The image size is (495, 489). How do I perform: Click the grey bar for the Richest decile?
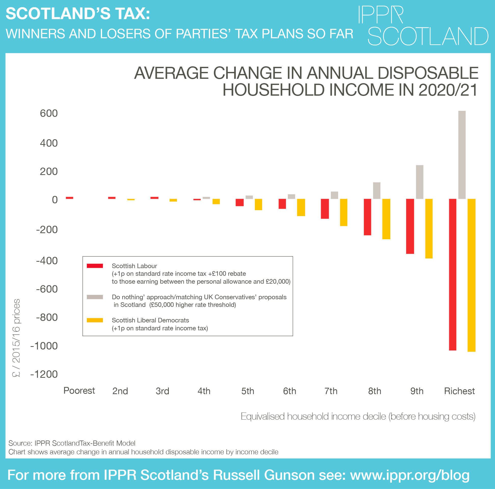pyautogui.click(x=462, y=155)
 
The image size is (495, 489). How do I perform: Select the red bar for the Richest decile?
pyautogui.click(x=453, y=274)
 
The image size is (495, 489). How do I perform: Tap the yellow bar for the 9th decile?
pyautogui.click(x=429, y=229)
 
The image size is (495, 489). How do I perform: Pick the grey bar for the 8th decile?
pyautogui.click(x=377, y=191)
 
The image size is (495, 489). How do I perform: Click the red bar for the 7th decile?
pyautogui.click(x=325, y=209)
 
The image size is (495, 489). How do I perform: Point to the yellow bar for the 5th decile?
pyautogui.click(x=258, y=204)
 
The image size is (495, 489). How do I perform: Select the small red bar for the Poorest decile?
pyautogui.click(x=70, y=198)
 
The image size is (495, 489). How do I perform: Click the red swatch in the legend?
pyautogui.click(x=95, y=266)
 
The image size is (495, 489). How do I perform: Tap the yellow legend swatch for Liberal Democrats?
pyautogui.click(x=95, y=320)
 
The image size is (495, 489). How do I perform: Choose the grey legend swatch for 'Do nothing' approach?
pyautogui.click(x=95, y=297)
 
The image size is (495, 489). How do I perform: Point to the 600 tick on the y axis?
pyautogui.click(x=49, y=113)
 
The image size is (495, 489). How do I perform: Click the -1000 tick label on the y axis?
pyautogui.click(x=44, y=346)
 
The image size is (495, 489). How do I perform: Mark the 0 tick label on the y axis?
pyautogui.click(x=54, y=200)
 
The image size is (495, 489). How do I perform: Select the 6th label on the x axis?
pyautogui.click(x=290, y=391)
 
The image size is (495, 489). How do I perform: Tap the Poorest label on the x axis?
pyautogui.click(x=79, y=391)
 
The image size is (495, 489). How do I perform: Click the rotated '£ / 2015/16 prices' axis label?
pyautogui.click(x=16, y=338)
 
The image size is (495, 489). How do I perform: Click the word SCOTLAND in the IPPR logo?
pyautogui.click(x=428, y=36)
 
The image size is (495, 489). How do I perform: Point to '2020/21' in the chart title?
pyautogui.click(x=448, y=90)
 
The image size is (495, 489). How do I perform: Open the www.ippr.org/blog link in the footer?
pyautogui.click(x=410, y=475)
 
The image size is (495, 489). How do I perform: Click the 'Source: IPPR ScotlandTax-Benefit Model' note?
pyautogui.click(x=72, y=443)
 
